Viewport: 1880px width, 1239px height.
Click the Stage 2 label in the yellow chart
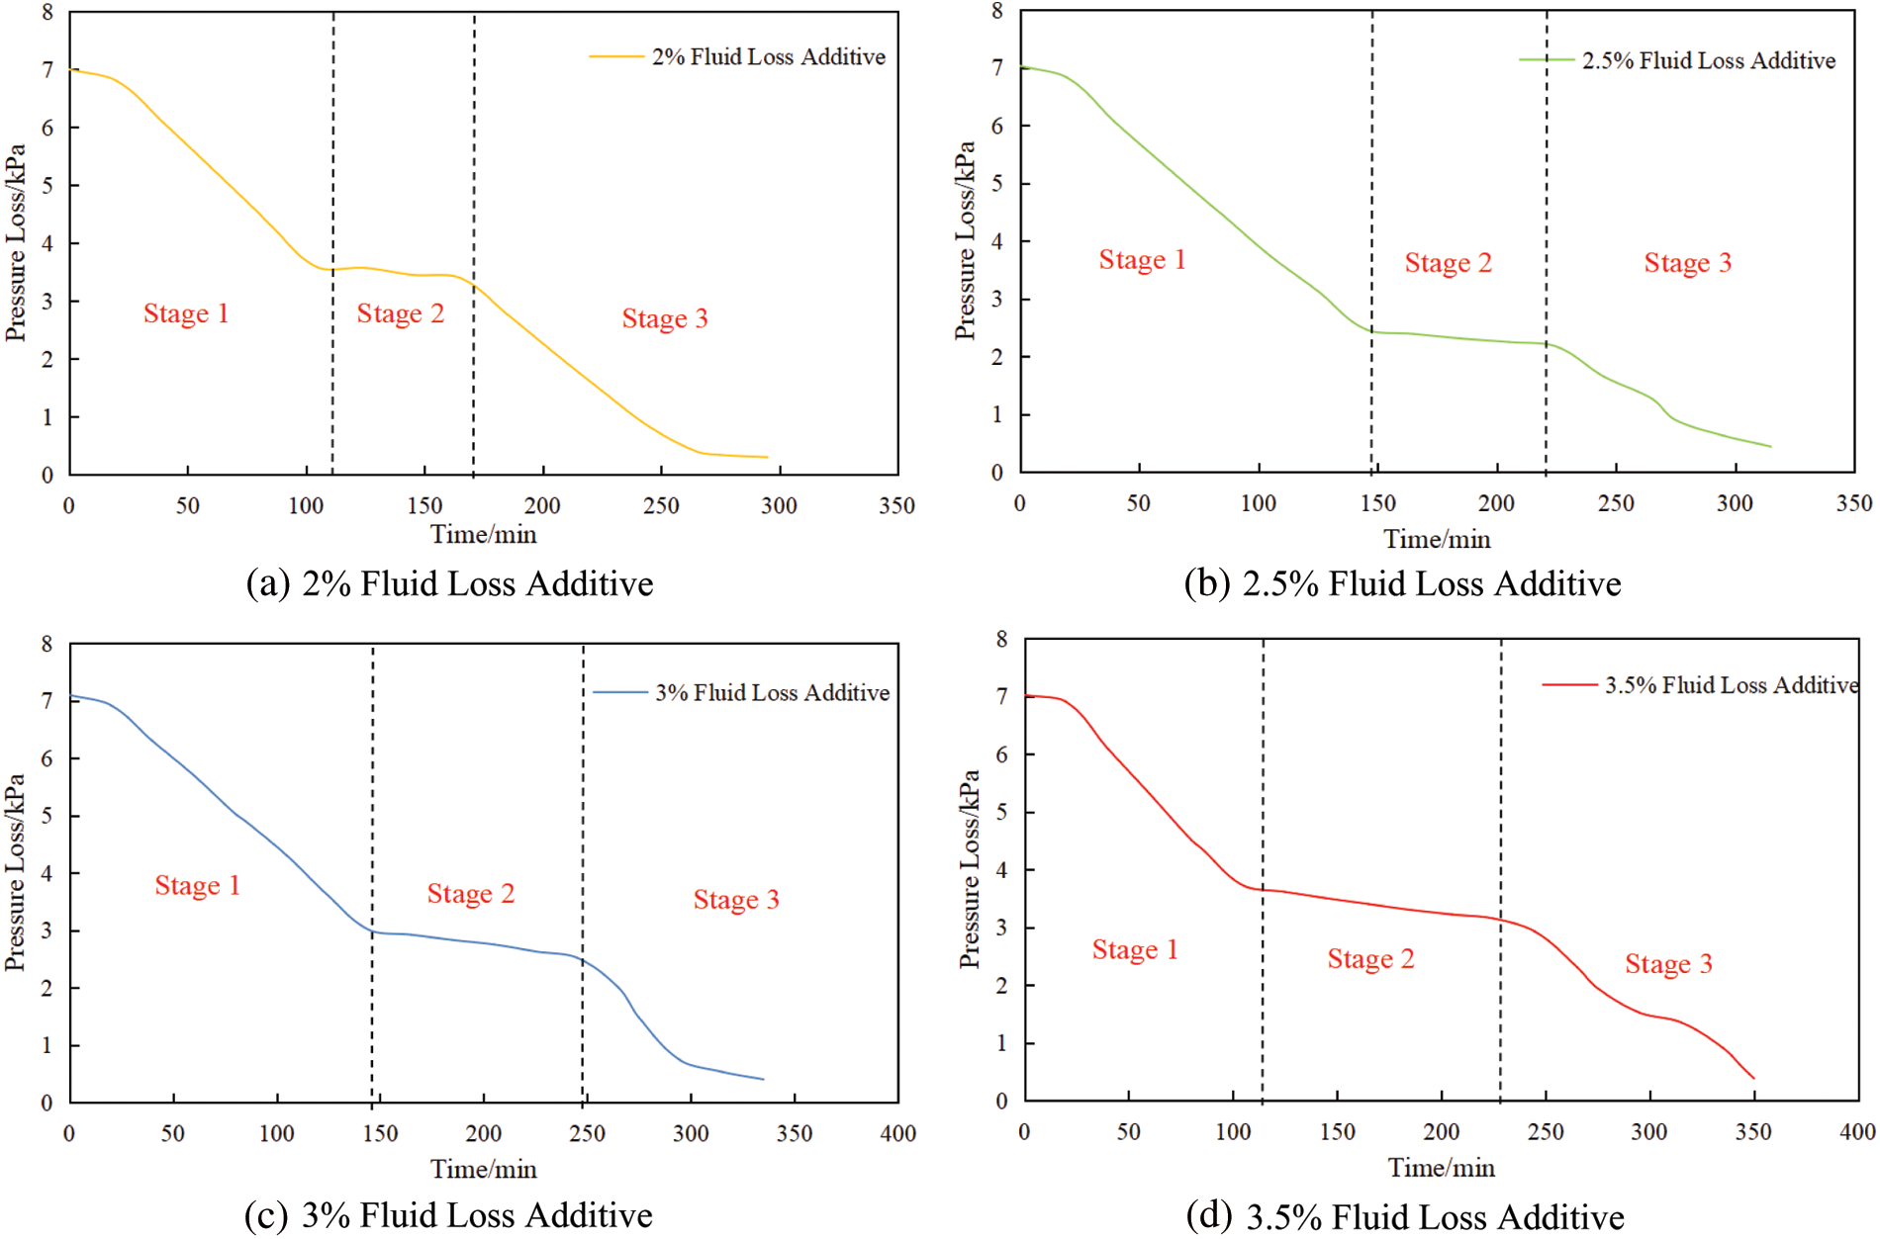coord(401,314)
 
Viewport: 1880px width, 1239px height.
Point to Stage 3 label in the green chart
coord(1688,263)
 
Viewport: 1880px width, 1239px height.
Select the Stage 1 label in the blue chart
coord(198,886)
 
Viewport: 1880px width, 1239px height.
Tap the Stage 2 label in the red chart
coord(1371,959)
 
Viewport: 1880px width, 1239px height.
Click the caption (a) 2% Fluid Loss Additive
coord(450,584)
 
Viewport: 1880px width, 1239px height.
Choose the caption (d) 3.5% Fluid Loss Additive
coord(1405,1217)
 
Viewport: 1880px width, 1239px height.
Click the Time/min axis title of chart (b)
coord(1437,540)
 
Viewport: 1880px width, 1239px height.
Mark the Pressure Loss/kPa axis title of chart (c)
coord(15,872)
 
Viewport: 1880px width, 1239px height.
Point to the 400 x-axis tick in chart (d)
coord(1857,1132)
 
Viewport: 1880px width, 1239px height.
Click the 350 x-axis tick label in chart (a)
coord(897,506)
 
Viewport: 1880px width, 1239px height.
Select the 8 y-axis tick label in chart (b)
coord(997,11)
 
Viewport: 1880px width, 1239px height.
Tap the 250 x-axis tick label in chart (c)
coord(587,1134)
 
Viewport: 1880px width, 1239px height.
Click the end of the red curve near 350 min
coord(1753,1079)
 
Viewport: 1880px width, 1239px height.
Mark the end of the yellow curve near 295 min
coord(767,457)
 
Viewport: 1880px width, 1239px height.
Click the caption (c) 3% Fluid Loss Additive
coord(449,1215)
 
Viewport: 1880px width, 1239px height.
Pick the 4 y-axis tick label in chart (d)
coord(1002,870)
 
